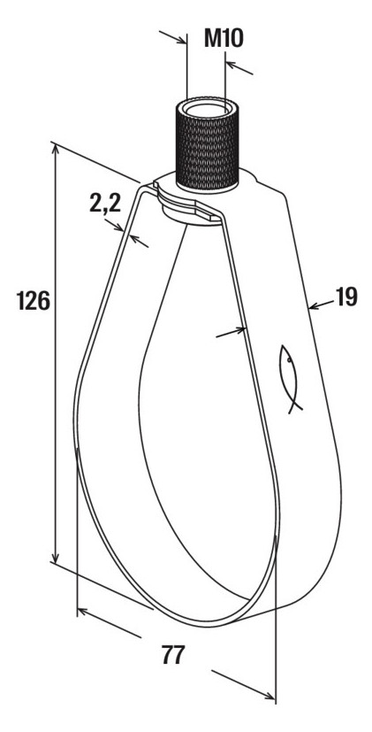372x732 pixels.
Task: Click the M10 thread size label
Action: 224,38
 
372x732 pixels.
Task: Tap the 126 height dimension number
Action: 33,300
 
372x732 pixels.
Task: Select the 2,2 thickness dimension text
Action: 105,203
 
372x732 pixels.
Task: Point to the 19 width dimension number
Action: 346,297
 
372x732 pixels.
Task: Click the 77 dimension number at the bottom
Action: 173,654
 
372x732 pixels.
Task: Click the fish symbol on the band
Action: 289,379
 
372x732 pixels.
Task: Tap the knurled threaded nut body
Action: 207,146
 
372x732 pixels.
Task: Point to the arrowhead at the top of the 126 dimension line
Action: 56,150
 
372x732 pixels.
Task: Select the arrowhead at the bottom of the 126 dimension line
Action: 56,558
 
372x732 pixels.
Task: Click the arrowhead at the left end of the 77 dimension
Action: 82,611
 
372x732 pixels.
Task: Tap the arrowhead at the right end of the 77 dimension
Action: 270,696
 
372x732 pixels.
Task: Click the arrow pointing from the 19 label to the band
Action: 321,304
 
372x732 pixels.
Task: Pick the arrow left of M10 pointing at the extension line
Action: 172,37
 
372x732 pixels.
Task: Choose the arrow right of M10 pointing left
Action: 239,68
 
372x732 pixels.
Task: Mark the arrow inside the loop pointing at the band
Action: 231,333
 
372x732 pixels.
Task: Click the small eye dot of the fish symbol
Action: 289,360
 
